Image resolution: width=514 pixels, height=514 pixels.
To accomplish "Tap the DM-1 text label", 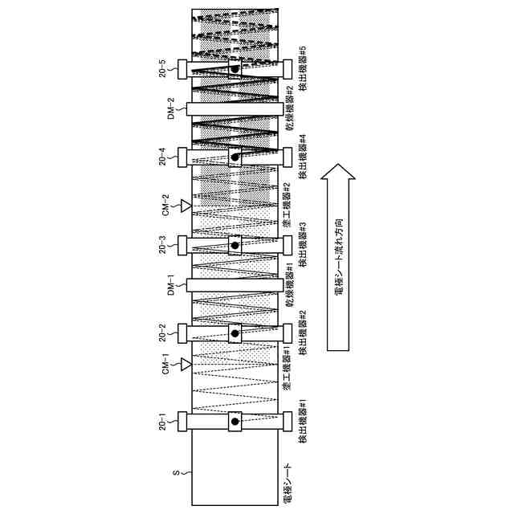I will click(170, 285).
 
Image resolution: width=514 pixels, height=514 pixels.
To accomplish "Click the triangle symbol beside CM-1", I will click(186, 365).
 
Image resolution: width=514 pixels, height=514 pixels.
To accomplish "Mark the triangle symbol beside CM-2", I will click(186, 206).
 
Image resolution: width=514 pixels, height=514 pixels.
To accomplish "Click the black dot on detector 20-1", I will click(235, 421).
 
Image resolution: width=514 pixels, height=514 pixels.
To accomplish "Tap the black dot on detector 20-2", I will click(235, 332).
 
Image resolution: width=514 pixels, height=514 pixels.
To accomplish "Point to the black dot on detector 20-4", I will click(235, 157).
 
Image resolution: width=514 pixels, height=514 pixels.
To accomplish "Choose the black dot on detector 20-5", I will click(235, 69).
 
